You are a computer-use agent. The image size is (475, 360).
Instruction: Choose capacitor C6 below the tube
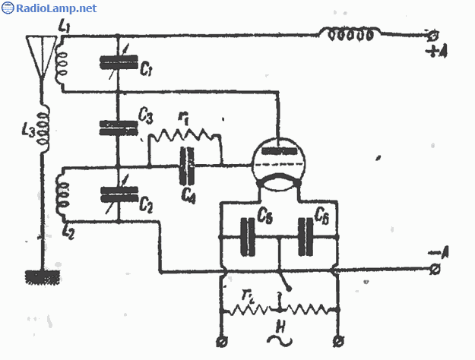tap(308, 236)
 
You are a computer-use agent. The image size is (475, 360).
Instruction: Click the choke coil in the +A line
tap(350, 33)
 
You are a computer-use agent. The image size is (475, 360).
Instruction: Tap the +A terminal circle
tap(435, 35)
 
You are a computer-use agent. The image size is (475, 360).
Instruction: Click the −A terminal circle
tap(435, 269)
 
